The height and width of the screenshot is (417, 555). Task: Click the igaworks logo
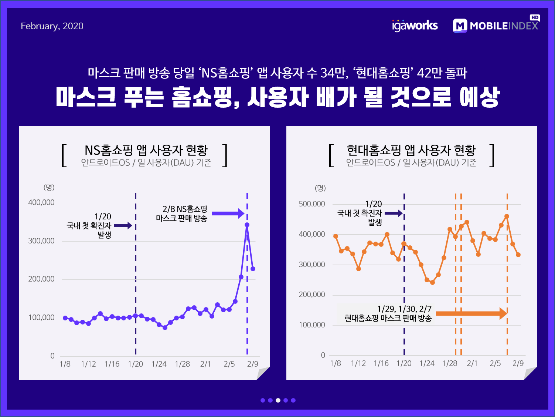(415, 26)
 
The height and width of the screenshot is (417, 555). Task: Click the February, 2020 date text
(52, 26)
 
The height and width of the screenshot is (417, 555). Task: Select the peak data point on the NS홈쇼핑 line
(247, 225)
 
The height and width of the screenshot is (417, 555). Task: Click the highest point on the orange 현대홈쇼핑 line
(507, 216)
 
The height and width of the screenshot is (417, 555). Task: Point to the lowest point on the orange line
(432, 282)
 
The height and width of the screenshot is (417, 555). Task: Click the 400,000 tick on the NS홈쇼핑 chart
(41, 202)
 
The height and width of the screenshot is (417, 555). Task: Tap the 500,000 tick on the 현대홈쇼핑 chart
(312, 204)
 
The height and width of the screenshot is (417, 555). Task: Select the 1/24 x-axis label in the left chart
(159, 364)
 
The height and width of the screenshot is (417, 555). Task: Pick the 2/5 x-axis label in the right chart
(495, 364)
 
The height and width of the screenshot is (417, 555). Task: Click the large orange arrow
(471, 314)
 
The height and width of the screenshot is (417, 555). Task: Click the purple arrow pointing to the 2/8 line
(228, 213)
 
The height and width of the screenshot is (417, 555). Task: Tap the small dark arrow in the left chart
(123, 225)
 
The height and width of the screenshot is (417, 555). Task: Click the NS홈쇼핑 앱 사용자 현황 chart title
(146, 150)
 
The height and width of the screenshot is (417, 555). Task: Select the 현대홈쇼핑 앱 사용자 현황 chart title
(411, 150)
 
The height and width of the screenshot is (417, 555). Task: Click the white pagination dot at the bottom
(278, 400)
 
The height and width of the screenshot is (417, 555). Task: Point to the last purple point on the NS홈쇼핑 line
(253, 269)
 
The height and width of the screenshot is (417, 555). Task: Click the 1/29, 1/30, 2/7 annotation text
(404, 309)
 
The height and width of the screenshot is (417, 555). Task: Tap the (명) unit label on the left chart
(49, 187)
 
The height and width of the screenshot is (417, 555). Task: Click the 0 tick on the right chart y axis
(323, 355)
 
